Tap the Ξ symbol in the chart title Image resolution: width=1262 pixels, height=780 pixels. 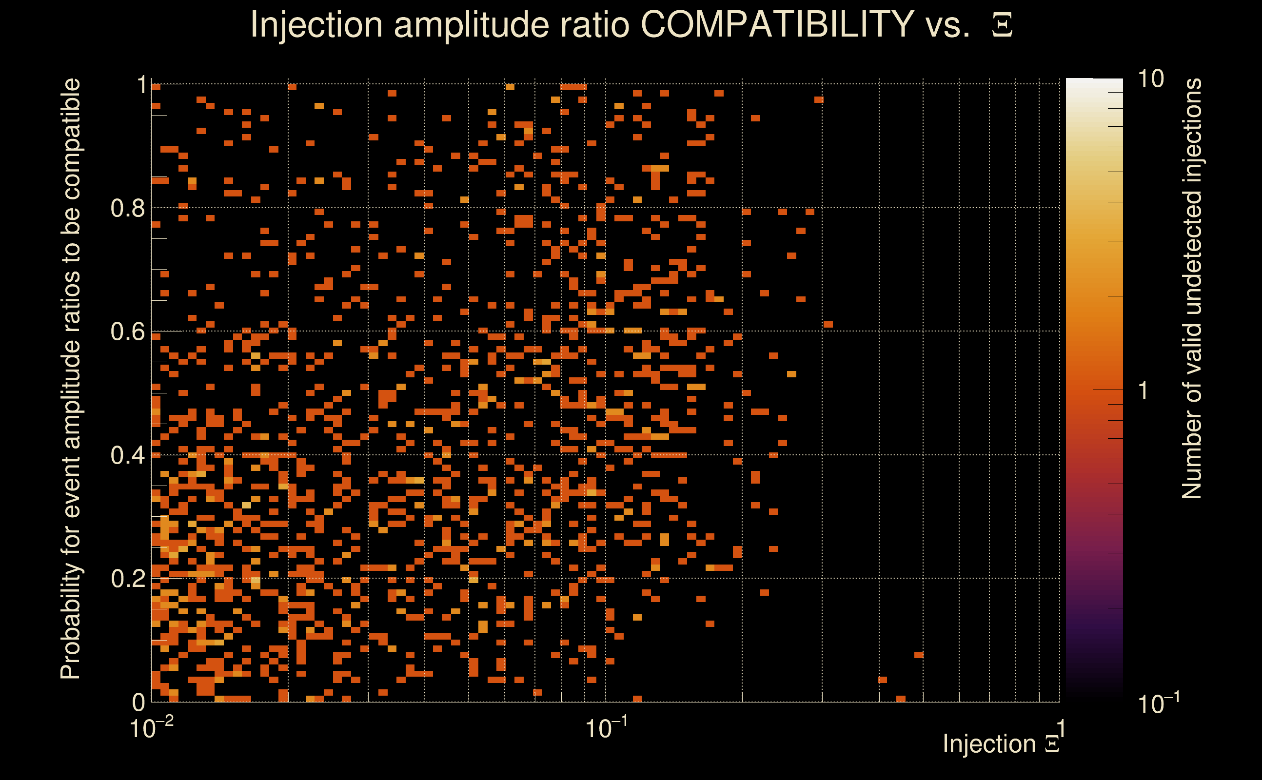(1002, 25)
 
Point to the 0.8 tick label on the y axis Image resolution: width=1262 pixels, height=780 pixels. (127, 209)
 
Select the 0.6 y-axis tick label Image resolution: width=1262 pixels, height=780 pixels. (127, 331)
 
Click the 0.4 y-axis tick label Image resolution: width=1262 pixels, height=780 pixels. (127, 455)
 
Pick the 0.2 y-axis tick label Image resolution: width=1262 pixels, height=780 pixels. (127, 579)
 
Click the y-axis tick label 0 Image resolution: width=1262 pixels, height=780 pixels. (139, 702)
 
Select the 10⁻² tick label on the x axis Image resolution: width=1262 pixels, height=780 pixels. (151, 728)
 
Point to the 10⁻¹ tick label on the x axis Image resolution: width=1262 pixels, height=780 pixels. (606, 728)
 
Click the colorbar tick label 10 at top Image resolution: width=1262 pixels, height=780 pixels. (1150, 79)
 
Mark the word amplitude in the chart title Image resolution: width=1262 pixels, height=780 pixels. (474, 24)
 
